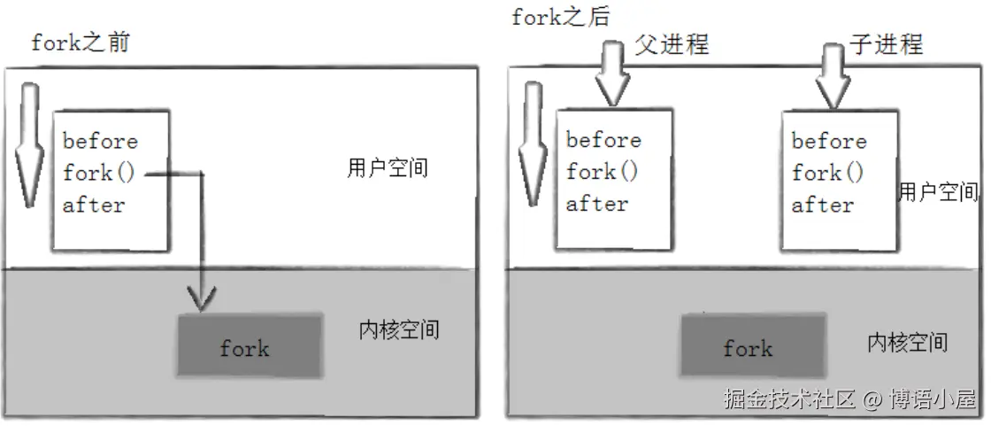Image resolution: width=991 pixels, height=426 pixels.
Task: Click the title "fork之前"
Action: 80,43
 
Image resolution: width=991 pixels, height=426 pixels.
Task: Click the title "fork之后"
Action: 561,16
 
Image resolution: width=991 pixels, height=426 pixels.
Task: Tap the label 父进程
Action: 672,43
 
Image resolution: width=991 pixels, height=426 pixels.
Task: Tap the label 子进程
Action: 886,43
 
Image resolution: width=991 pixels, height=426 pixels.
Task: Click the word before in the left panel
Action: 100,142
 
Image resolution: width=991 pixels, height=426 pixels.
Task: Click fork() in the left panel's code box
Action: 99,173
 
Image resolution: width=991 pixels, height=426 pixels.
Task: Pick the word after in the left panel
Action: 94,205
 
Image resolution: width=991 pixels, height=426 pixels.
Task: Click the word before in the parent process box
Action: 603,140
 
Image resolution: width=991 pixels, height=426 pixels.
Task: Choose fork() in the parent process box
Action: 603,172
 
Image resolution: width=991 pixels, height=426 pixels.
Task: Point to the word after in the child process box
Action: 822,205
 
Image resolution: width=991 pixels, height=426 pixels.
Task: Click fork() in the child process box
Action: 828,173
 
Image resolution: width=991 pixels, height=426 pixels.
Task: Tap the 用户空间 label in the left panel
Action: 387,168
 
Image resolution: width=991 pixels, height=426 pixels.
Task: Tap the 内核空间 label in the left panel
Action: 398,330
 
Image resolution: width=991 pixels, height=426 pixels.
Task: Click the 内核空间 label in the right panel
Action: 907,341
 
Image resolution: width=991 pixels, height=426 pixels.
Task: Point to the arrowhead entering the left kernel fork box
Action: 203,301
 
